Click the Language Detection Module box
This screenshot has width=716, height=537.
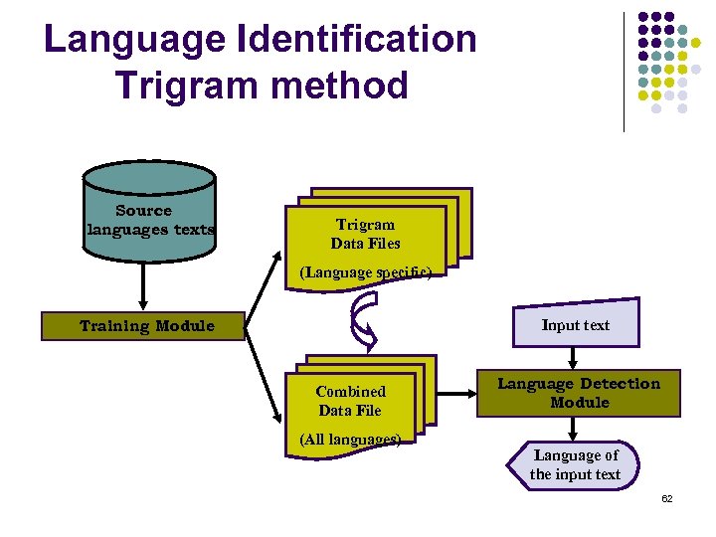point(578,394)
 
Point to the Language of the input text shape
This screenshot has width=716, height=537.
point(574,465)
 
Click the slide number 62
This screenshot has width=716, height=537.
point(667,498)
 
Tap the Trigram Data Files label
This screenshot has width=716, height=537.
point(365,234)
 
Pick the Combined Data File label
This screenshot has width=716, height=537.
point(350,401)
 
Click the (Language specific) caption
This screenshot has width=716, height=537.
point(366,271)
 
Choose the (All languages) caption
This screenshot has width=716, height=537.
point(350,440)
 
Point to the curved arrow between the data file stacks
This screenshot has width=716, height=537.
point(362,322)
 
